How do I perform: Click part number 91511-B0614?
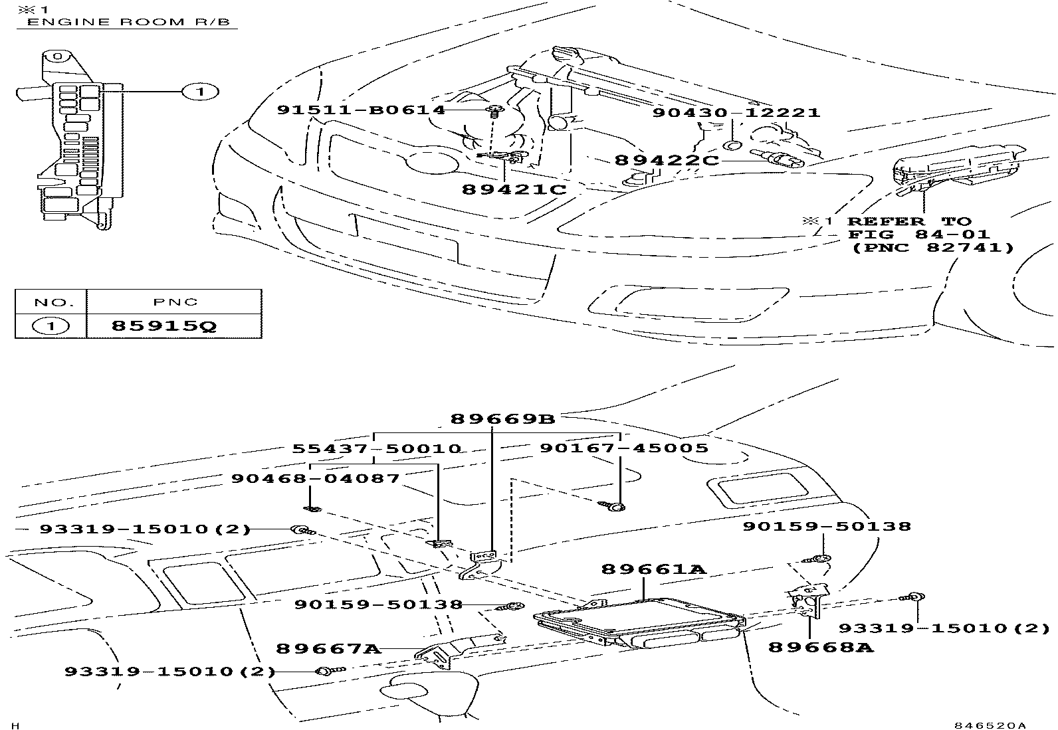coord(361,110)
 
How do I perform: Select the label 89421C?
coord(514,189)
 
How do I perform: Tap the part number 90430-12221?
coord(736,112)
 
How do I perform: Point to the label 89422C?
coord(666,160)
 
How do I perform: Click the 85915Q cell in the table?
coord(163,326)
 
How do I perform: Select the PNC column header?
coord(174,302)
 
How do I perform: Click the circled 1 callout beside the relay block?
coord(199,92)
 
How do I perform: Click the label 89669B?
coord(502,419)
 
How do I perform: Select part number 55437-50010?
coord(377,448)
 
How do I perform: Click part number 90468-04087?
coord(316,478)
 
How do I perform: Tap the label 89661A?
coord(653,569)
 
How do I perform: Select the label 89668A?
coord(820,646)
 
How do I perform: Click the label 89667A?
coord(328,648)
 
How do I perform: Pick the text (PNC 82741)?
coord(933,248)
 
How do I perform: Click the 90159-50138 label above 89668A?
coord(827,527)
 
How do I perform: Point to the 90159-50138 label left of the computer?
coord(378,604)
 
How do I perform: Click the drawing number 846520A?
coord(990,725)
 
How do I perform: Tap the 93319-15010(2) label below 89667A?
coord(169,672)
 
